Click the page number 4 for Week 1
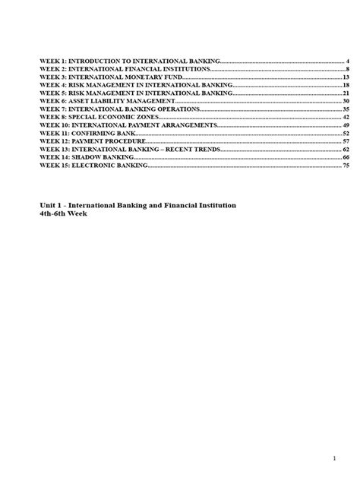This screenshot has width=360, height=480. pos(346,61)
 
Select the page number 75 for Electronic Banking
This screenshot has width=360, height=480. pos(345,165)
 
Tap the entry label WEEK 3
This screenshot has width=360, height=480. pos(53,77)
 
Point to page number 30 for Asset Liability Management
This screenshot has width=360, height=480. pos(345,101)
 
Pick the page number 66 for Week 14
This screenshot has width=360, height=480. pos(345,157)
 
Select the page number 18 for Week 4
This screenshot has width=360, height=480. pos(345,85)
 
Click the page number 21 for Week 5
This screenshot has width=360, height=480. pos(345,93)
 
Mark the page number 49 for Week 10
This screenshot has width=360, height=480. pos(345,125)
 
